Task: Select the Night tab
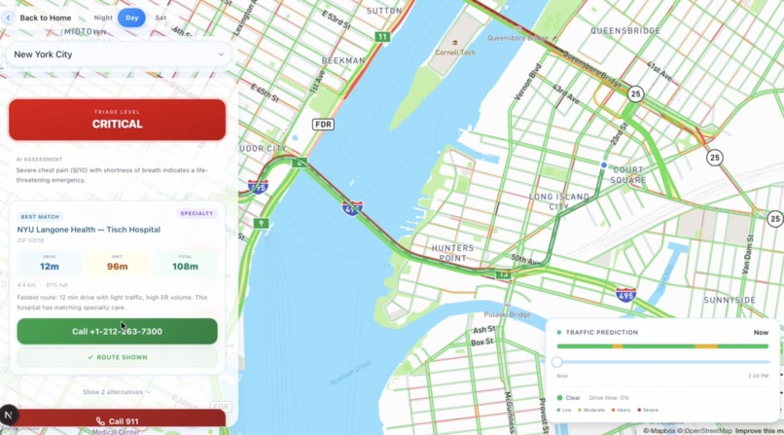click(x=103, y=18)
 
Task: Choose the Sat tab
click(x=160, y=18)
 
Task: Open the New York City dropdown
click(x=118, y=54)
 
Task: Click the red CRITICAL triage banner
click(x=117, y=120)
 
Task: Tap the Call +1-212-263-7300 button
click(x=117, y=331)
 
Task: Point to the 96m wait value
click(x=117, y=266)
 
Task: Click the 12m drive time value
click(x=50, y=266)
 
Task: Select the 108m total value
click(x=185, y=266)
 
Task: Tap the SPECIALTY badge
click(x=197, y=213)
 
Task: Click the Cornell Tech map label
click(x=454, y=53)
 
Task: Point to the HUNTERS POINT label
click(x=452, y=253)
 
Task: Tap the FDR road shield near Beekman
click(x=323, y=125)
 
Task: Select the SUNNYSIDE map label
click(x=729, y=300)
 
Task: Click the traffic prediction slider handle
click(x=557, y=361)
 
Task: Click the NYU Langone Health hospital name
click(x=89, y=230)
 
